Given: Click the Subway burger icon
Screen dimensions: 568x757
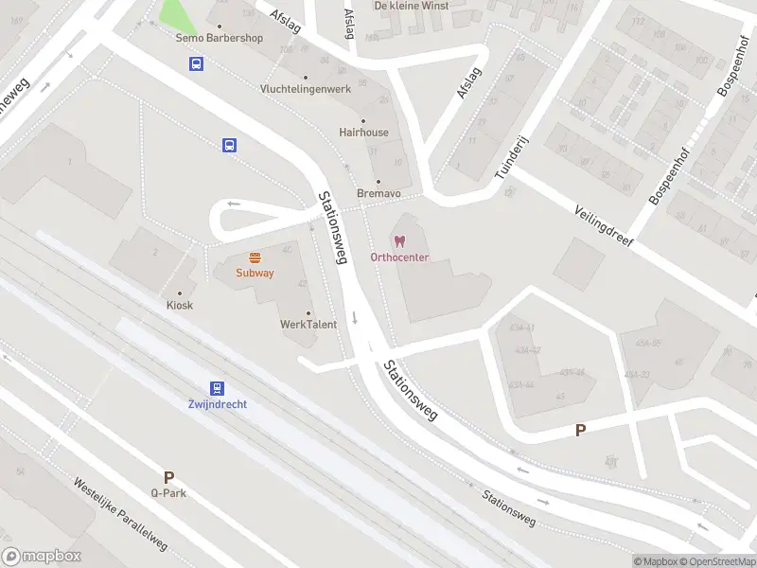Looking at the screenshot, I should [255, 257].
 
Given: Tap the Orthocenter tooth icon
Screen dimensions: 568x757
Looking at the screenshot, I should [399, 242].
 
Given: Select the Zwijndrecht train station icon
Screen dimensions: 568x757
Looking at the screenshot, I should [218, 388].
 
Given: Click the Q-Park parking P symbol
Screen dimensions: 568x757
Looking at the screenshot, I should [168, 478].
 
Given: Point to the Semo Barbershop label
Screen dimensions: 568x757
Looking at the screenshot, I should [220, 39].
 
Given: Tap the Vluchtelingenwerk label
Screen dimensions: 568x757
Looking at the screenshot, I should [305, 89].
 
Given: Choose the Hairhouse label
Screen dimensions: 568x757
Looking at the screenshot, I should [363, 133].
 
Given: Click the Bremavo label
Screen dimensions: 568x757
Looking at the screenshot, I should [378, 193].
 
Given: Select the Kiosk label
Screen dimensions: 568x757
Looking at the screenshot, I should [180, 305].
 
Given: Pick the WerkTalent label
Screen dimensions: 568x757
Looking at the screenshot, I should [308, 325].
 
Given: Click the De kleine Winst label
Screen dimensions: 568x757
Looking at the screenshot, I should [412, 6].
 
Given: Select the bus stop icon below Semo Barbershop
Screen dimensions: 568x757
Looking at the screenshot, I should [196, 64].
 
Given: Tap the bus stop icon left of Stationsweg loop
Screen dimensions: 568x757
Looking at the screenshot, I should [229, 145].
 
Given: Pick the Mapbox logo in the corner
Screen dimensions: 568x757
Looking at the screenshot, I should [41, 557].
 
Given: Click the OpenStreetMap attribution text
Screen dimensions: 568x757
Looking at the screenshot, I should [724, 561].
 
